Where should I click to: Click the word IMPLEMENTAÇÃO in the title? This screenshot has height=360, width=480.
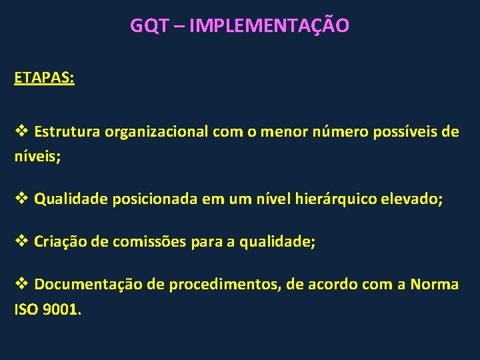[x=269, y=26]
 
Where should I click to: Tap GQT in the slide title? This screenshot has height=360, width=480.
[x=151, y=26]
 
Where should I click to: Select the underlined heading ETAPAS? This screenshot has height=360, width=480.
[x=44, y=77]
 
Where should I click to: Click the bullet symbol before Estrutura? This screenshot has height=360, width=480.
[x=21, y=131]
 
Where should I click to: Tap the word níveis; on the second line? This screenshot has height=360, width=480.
[x=37, y=157]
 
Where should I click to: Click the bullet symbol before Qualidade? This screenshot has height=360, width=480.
[x=21, y=197]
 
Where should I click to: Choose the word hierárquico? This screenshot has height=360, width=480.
[x=333, y=198]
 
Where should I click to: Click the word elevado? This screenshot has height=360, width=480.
[x=411, y=198]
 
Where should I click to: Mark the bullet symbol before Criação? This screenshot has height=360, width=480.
[x=21, y=241]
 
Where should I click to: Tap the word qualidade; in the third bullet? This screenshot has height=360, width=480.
[x=279, y=242]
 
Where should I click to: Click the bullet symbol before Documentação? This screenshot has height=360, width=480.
[x=21, y=284]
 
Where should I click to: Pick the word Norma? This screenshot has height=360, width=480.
[x=435, y=285]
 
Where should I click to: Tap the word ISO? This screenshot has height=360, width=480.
[x=27, y=311]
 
